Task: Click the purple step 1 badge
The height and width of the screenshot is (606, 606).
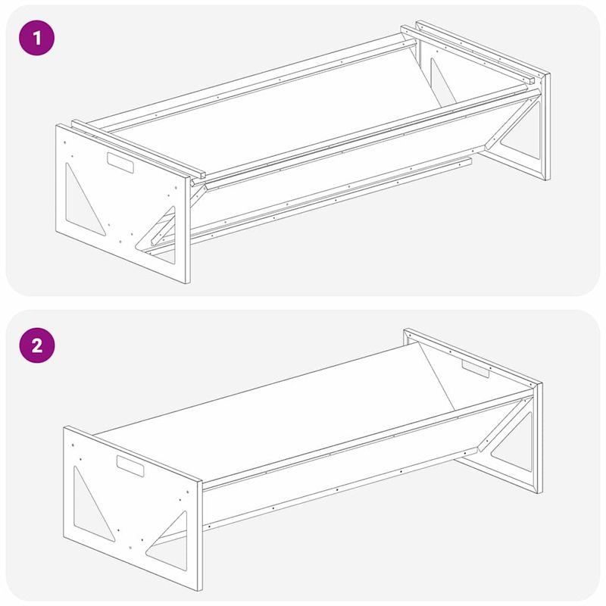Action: (x=36, y=38)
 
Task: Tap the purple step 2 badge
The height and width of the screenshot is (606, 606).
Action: (x=36, y=345)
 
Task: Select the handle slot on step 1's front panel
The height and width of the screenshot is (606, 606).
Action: (x=120, y=163)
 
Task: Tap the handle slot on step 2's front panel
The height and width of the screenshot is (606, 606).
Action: (x=130, y=466)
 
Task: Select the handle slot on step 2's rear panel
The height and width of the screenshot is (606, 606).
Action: (x=476, y=369)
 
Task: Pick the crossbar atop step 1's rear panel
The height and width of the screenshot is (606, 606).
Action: (x=467, y=54)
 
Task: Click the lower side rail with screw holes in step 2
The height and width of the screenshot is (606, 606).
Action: (x=340, y=489)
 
